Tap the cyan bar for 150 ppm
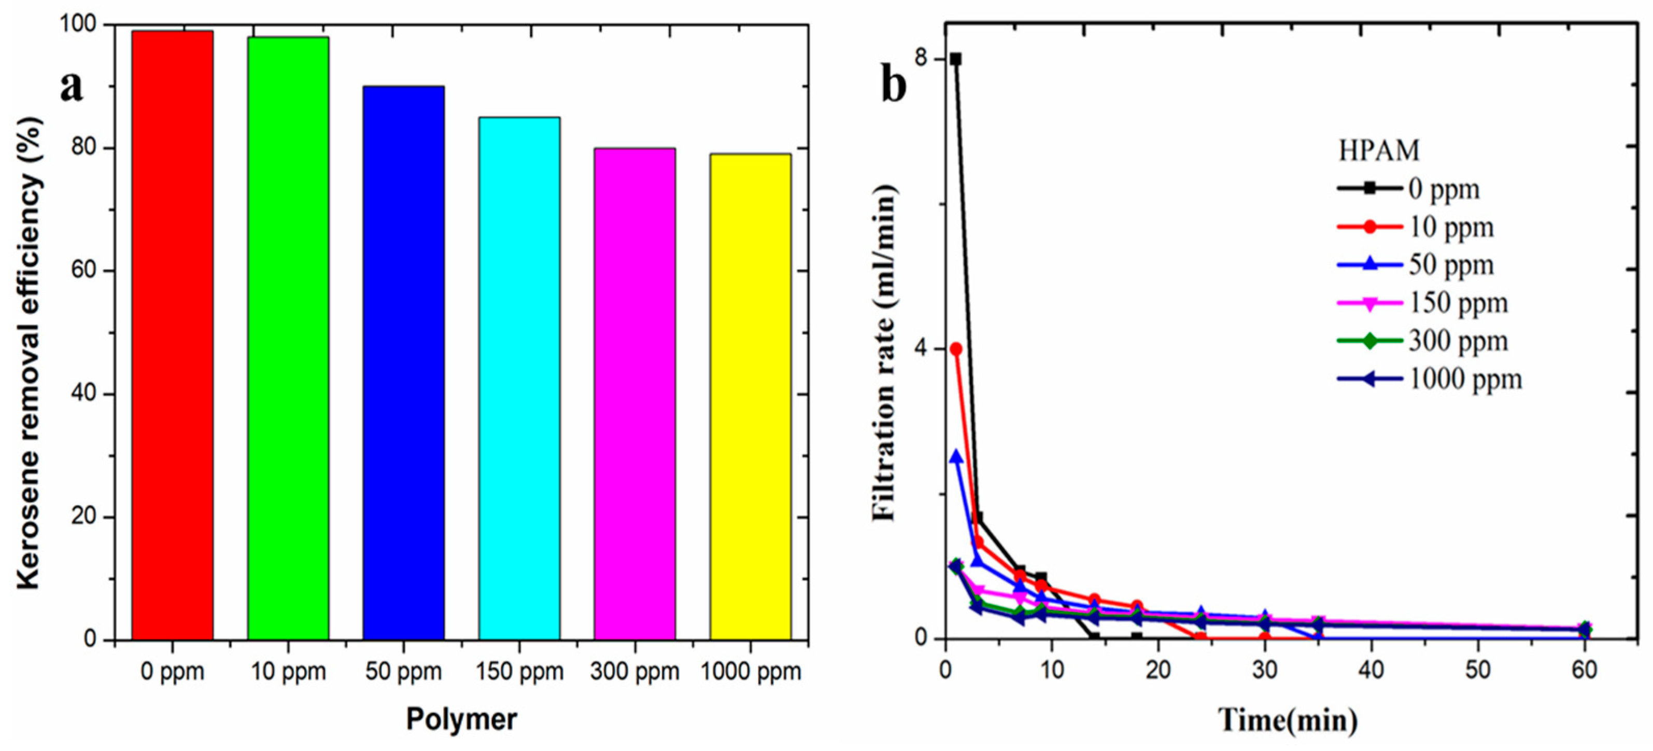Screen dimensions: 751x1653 (519, 379)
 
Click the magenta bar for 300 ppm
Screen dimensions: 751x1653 (634, 394)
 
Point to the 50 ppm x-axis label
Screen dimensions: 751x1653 (404, 672)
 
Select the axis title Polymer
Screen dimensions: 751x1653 (461, 719)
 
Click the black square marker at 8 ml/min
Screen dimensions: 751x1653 (955, 59)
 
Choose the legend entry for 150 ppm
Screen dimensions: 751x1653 (1424, 303)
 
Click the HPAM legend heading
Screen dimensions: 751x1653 (1378, 150)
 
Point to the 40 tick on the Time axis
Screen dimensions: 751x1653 (1372, 670)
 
